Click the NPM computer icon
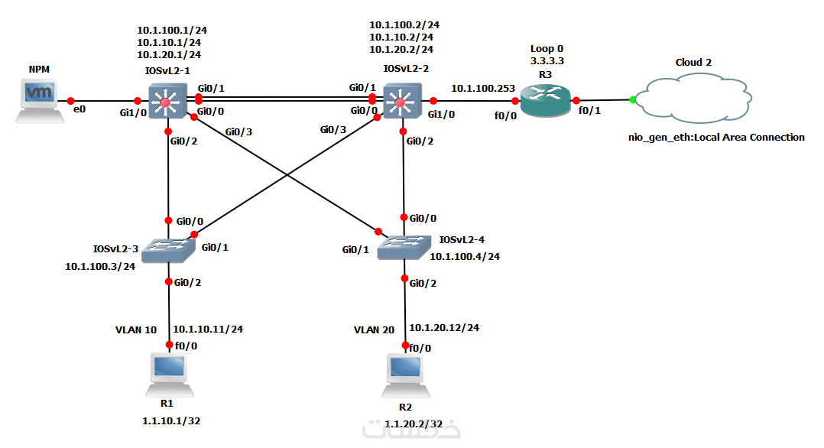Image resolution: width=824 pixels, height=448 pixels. click(x=39, y=100)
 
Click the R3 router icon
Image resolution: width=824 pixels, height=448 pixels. click(x=541, y=100)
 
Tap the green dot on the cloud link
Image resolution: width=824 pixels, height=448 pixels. click(x=632, y=99)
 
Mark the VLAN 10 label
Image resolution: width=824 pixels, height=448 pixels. click(x=135, y=330)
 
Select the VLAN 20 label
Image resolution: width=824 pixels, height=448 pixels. click(x=374, y=330)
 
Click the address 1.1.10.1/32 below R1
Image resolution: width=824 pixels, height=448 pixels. click(x=171, y=420)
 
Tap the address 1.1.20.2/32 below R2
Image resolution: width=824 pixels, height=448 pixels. click(x=413, y=424)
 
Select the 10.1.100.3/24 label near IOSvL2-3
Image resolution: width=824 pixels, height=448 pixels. click(x=100, y=266)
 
